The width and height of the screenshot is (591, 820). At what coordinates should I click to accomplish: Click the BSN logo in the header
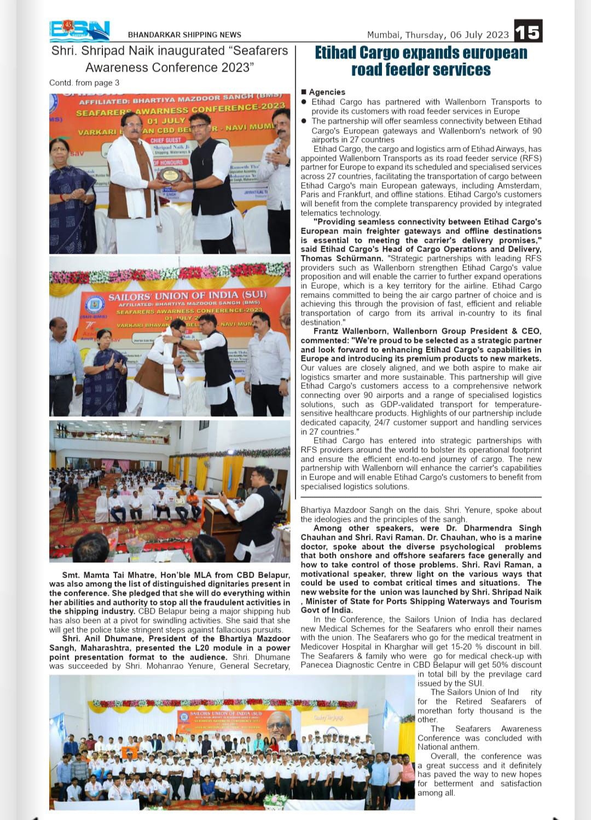click(x=79, y=31)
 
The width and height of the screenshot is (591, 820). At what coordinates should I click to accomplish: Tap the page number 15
click(x=528, y=31)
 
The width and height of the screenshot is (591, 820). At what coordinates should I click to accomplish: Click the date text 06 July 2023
click(x=479, y=35)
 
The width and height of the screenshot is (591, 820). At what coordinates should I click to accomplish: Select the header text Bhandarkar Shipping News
click(x=184, y=35)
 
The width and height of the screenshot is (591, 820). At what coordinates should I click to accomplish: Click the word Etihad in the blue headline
click(x=337, y=53)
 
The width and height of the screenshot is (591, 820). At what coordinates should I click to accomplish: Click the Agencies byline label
click(x=327, y=92)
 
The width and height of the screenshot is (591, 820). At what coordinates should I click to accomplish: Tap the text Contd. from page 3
click(x=84, y=83)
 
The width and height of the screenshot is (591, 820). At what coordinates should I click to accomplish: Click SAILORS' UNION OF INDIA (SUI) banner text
click(x=187, y=296)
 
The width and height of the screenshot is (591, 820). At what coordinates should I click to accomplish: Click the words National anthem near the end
click(x=448, y=747)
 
